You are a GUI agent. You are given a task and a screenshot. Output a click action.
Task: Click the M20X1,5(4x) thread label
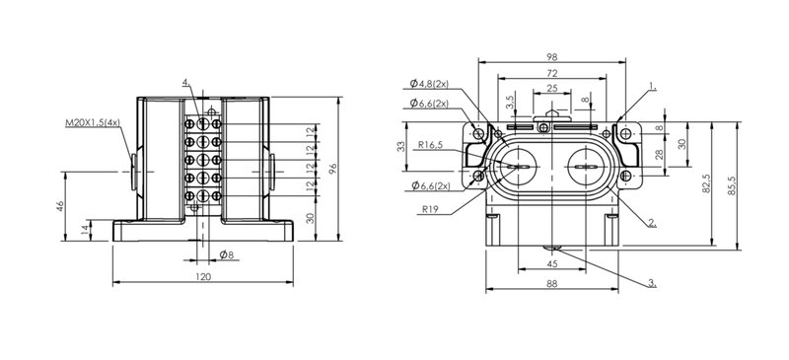pyautogui.click(x=93, y=122)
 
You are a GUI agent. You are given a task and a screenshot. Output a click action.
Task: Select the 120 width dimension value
pyautogui.click(x=203, y=276)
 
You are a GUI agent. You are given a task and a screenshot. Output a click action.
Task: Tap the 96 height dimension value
pyautogui.click(x=332, y=169)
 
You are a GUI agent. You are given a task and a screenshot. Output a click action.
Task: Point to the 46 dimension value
pyautogui.click(x=60, y=205)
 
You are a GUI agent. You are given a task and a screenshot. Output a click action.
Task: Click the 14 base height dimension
pyautogui.click(x=85, y=230)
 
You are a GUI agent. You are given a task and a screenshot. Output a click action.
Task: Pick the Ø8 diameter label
pyautogui.click(x=227, y=254)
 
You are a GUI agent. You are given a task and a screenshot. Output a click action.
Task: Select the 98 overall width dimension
pyautogui.click(x=551, y=57)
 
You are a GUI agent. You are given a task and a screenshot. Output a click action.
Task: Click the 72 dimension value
pyautogui.click(x=551, y=74)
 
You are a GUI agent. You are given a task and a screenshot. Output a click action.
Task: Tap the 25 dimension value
pyautogui.click(x=552, y=89)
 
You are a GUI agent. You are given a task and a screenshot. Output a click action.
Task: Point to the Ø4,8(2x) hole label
pyautogui.click(x=429, y=84)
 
